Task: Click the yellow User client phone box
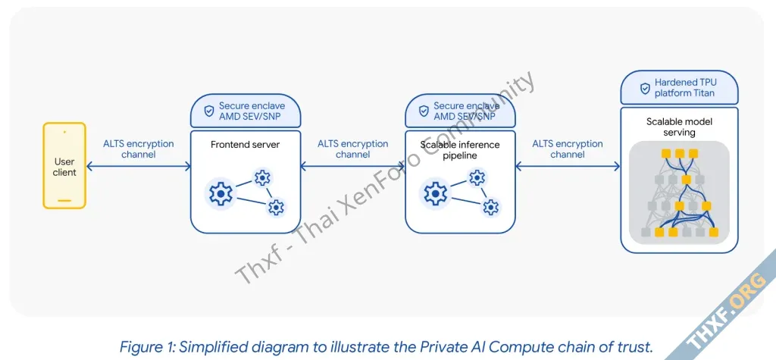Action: [64, 167]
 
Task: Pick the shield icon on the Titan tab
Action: [645, 88]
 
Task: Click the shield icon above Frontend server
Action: [208, 111]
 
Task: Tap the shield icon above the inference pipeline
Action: [423, 111]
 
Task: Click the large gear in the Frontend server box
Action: [221, 194]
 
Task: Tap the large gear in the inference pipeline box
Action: [436, 194]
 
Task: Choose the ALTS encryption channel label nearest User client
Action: [138, 149]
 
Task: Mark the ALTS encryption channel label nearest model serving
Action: [568, 149]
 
